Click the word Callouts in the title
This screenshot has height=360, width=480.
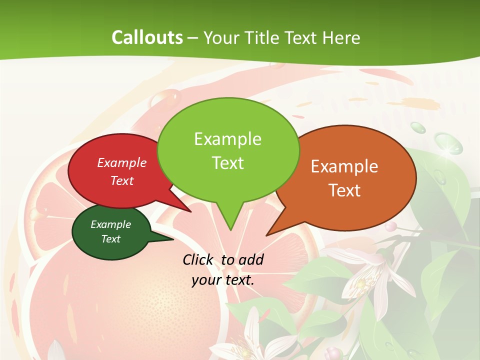coord(147,37)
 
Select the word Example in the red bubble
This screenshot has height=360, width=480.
coord(122,162)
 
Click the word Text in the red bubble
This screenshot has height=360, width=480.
coord(122,180)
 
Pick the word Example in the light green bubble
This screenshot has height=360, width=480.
coord(227,139)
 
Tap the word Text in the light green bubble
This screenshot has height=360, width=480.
coord(227,163)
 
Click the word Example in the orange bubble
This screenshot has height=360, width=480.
coord(344,166)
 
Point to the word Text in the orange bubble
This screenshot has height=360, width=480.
coord(344,190)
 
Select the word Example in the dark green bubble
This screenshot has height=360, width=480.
coord(110,224)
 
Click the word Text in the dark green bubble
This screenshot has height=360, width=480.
coord(110,239)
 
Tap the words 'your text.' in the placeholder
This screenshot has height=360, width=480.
coord(223,280)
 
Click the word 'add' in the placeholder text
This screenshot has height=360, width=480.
coord(251,260)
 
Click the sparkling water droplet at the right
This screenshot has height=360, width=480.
coord(444,142)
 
